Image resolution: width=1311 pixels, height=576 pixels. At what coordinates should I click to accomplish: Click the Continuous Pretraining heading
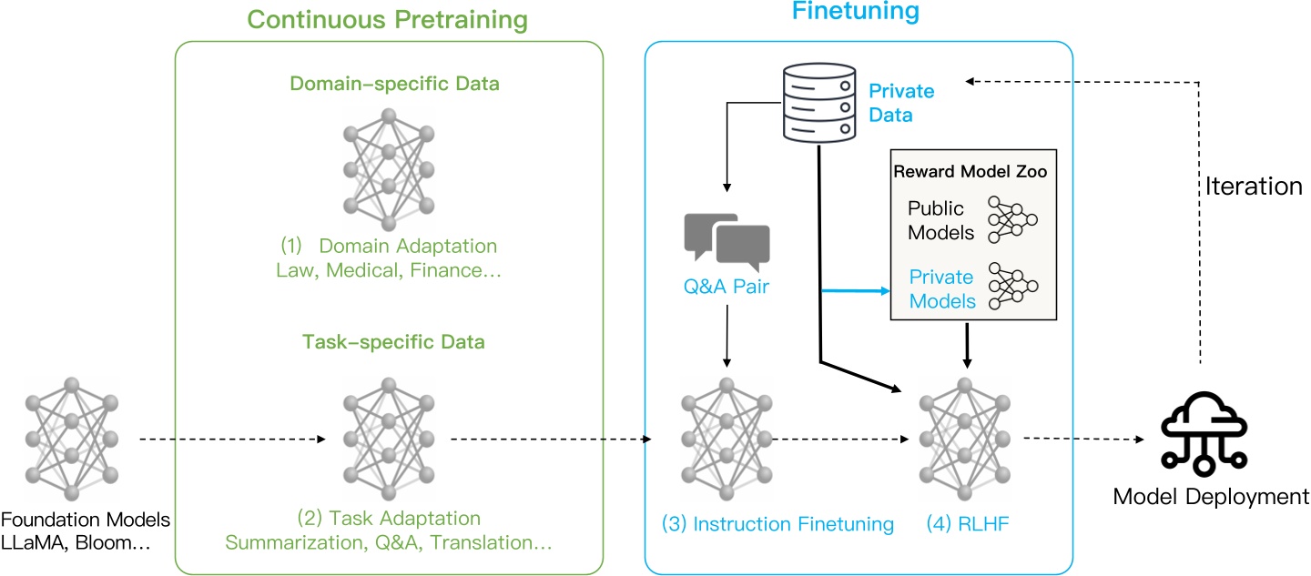click(387, 19)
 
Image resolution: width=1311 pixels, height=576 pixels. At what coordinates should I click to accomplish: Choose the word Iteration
click(1252, 187)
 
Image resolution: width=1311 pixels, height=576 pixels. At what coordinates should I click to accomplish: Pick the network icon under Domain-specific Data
click(389, 170)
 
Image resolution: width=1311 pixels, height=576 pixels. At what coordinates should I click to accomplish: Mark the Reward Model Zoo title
click(971, 172)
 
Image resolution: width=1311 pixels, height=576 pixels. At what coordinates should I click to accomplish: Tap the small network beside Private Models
click(1012, 287)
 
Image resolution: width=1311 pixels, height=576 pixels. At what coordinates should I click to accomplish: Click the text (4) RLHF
click(965, 523)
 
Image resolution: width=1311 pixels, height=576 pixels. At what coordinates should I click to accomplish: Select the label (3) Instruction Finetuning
click(778, 523)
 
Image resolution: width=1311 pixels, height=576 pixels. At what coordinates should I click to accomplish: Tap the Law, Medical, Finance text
click(389, 270)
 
